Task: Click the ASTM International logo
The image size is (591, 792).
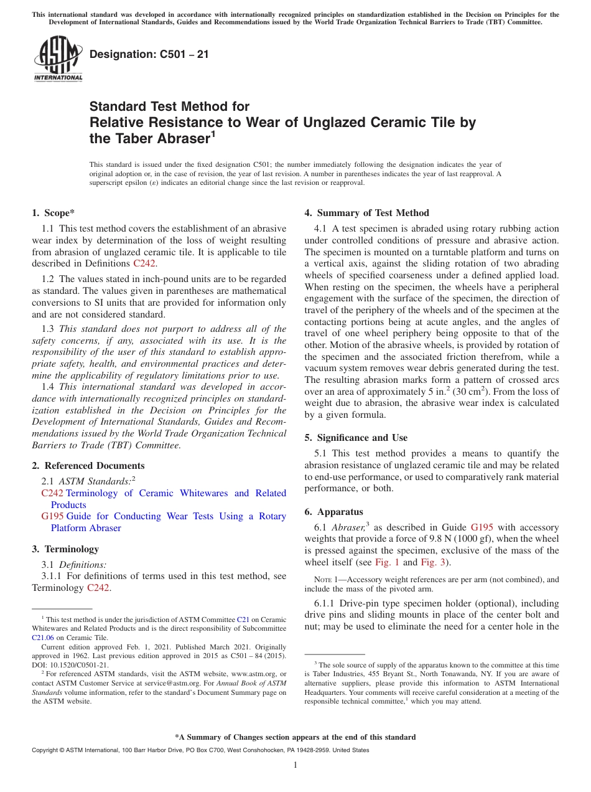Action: [58, 59]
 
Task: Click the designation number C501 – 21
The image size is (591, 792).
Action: [149, 55]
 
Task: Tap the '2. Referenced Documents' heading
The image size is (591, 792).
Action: [88, 466]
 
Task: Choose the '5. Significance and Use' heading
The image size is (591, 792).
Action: [356, 438]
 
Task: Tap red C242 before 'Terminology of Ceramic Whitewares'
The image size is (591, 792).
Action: [52, 493]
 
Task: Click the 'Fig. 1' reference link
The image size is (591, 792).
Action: [387, 562]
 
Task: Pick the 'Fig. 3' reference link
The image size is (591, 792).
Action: [433, 562]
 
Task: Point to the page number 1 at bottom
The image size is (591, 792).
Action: [295, 765]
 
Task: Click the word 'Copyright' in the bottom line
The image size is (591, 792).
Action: [46, 750]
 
